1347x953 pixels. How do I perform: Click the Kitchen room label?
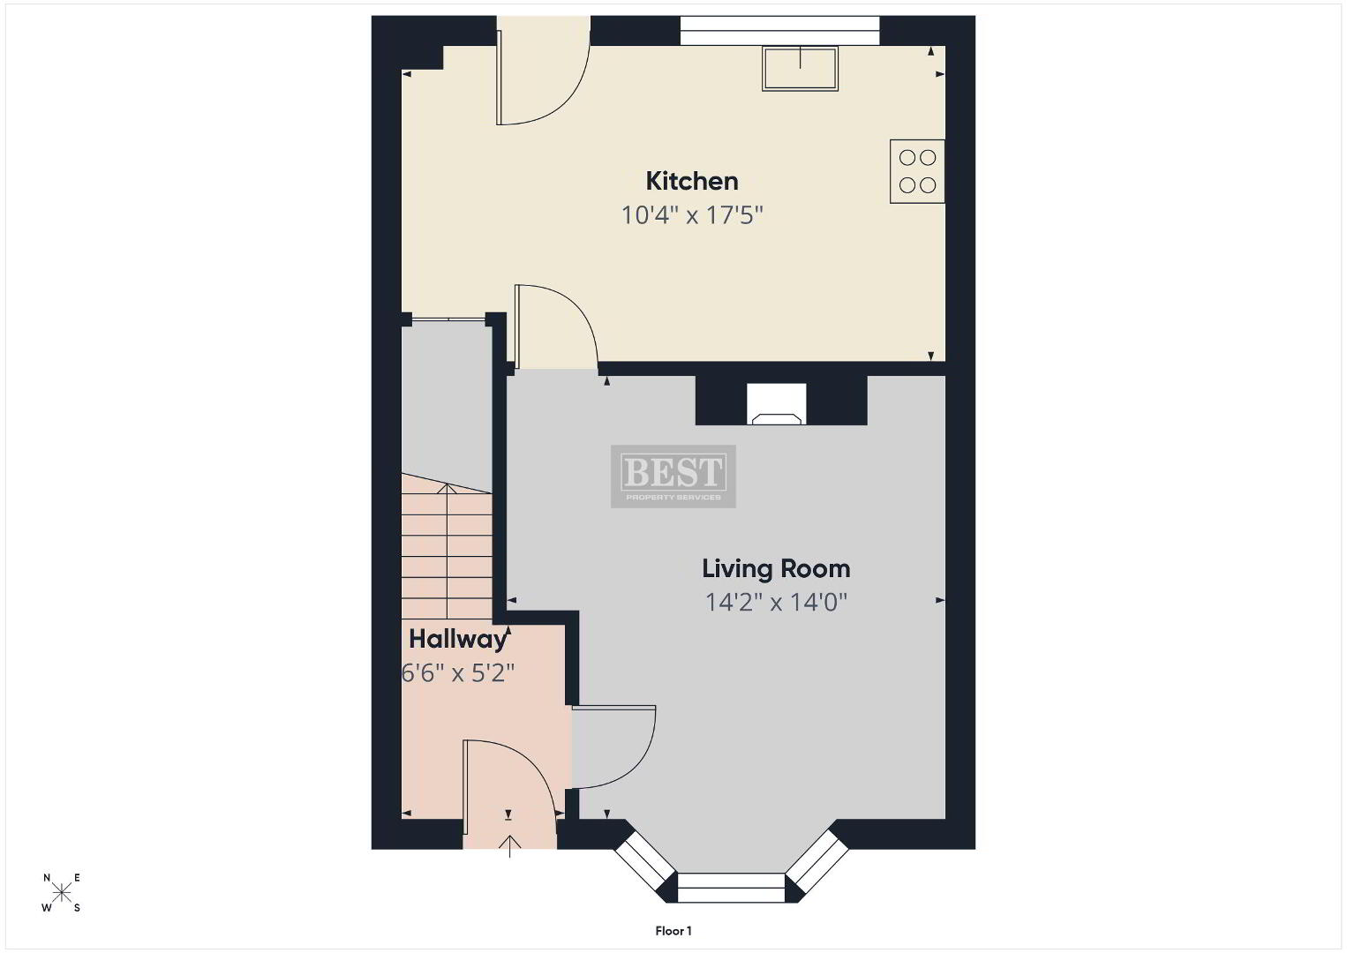pyautogui.click(x=691, y=181)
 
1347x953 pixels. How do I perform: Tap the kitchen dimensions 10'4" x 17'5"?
pyautogui.click(x=691, y=214)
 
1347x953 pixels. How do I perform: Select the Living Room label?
pyautogui.click(x=776, y=569)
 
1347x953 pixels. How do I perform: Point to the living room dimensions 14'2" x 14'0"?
pyautogui.click(x=776, y=602)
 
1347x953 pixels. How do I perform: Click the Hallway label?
pyautogui.click(x=457, y=639)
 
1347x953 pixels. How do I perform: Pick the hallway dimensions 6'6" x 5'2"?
pyautogui.click(x=457, y=673)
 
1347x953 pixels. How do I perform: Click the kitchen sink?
pyautogui.click(x=800, y=69)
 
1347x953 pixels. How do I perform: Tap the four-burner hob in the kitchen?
pyautogui.click(x=917, y=171)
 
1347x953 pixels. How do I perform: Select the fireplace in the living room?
pyautogui.click(x=776, y=404)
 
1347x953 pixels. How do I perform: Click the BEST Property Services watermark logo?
pyautogui.click(x=673, y=476)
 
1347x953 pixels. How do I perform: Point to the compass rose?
pyautogui.click(x=61, y=892)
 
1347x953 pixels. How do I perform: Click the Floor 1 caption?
pyautogui.click(x=673, y=931)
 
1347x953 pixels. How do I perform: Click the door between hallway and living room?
pyautogui.click(x=613, y=747)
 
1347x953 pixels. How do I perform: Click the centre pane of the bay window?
pyautogui.click(x=731, y=888)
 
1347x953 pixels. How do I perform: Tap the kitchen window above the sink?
pyautogui.click(x=779, y=30)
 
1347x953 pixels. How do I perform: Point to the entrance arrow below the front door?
pyautogui.click(x=510, y=845)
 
